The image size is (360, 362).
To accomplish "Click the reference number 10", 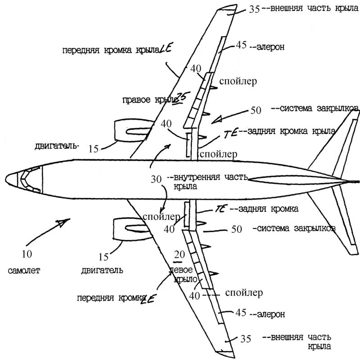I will pos(27,254).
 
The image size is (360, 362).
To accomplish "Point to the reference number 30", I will pos(156,179).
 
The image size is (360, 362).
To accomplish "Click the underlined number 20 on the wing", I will pos(179,255).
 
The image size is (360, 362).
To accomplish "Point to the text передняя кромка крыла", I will pos(110,50).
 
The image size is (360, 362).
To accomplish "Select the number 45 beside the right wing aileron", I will pos(241,45).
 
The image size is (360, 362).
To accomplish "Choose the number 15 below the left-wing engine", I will pos(103,257).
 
